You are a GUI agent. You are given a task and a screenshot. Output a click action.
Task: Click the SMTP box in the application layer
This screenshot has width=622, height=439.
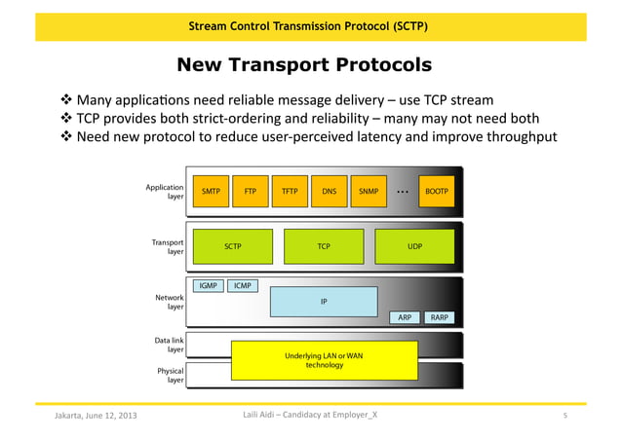[210, 192]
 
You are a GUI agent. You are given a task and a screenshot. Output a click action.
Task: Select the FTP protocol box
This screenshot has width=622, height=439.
[250, 192]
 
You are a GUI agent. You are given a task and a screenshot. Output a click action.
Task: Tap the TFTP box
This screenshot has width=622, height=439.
[290, 192]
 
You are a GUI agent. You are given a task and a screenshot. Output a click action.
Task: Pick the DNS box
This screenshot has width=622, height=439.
[330, 192]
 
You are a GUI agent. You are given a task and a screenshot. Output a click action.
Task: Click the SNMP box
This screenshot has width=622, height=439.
[369, 192]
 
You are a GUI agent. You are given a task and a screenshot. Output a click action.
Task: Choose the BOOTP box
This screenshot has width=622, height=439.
[436, 192]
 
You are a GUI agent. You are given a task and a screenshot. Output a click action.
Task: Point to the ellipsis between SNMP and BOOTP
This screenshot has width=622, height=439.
[403, 193]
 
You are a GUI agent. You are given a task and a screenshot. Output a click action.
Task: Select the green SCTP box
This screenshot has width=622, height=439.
[232, 246]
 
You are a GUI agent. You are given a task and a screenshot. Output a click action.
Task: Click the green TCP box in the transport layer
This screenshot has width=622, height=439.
[324, 246]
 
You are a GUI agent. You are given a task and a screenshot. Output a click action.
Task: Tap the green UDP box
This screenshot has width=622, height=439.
[414, 246]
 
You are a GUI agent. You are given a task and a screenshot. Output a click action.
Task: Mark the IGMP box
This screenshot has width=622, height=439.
[208, 286]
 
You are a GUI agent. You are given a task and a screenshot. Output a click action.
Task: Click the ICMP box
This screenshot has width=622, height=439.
[243, 286]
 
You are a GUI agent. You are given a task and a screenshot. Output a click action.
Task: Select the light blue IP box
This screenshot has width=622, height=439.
[324, 302]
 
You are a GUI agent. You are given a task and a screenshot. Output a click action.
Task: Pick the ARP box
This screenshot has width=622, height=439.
[405, 317]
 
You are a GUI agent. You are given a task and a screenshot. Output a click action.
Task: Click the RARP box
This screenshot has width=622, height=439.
[440, 317]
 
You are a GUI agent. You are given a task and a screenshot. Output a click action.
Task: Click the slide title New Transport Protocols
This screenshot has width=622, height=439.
[303, 65]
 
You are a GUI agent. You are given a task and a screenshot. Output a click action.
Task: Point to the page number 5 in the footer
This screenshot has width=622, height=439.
[565, 418]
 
